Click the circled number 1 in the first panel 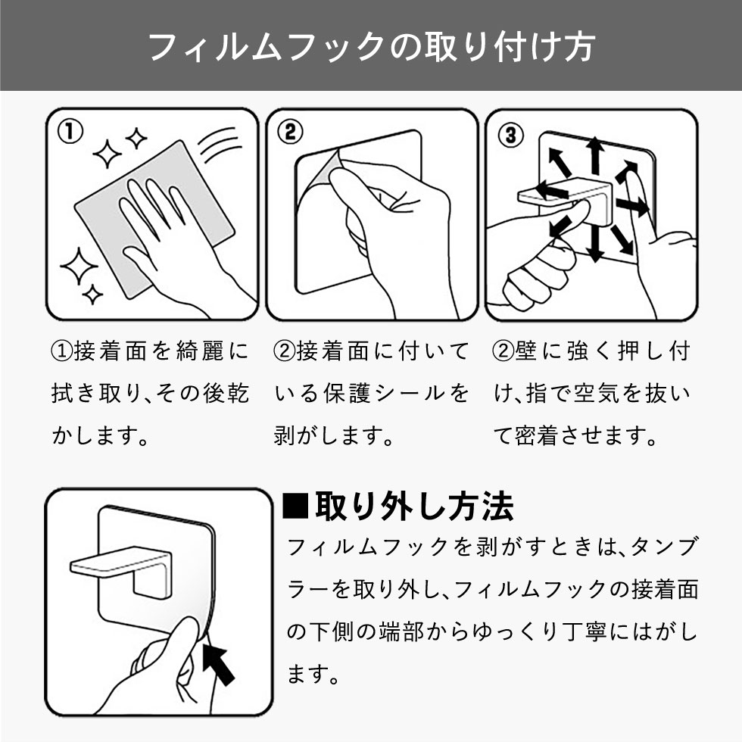(x=70, y=133)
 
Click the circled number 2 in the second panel (x=289, y=133)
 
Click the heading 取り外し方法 (x=413, y=507)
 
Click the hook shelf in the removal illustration (x=114, y=565)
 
